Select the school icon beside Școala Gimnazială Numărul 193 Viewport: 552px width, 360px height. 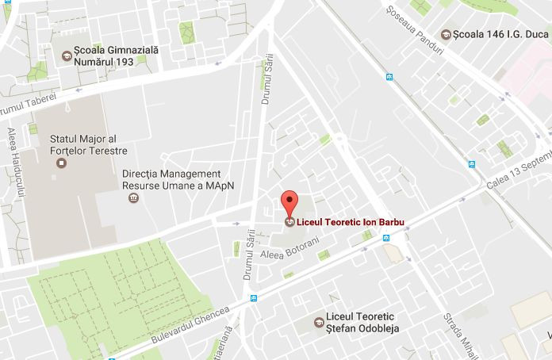tap(67, 56)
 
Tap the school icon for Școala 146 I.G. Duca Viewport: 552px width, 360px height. tap(447, 35)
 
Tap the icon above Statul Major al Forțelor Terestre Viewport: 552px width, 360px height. tap(62, 163)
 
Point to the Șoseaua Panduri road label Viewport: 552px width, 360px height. tap(413, 26)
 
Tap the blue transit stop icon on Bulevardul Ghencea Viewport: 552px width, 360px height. tap(254, 298)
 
